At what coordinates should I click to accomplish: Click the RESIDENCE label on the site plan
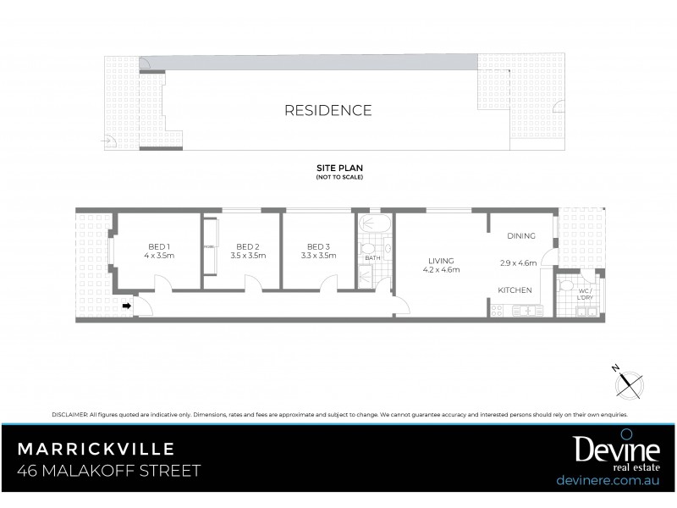[x=327, y=110]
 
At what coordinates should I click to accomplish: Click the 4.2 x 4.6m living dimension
[x=441, y=270]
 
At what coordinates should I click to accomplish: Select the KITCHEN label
[x=515, y=290]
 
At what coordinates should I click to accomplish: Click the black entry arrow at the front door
[x=127, y=306]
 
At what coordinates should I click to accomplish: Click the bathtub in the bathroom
[x=373, y=226]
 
